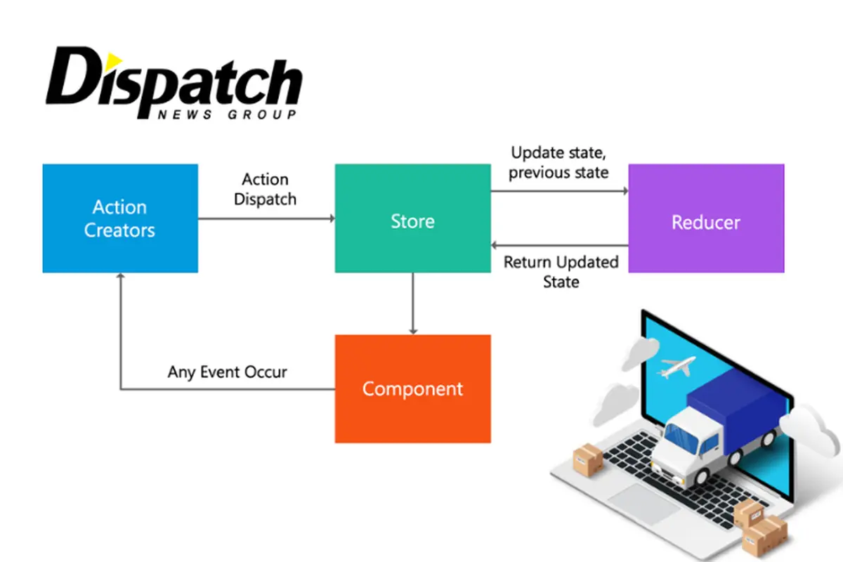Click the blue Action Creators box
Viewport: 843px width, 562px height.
click(x=120, y=218)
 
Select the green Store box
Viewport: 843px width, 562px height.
click(x=412, y=218)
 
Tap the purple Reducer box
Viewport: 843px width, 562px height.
click(x=706, y=218)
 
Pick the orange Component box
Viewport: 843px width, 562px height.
click(x=412, y=388)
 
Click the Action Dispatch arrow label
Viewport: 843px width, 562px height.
click(x=265, y=189)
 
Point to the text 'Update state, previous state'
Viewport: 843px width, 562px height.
click(x=558, y=162)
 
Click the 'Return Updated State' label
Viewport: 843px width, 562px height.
click(x=561, y=272)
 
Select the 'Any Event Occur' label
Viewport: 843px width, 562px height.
click(x=227, y=372)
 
